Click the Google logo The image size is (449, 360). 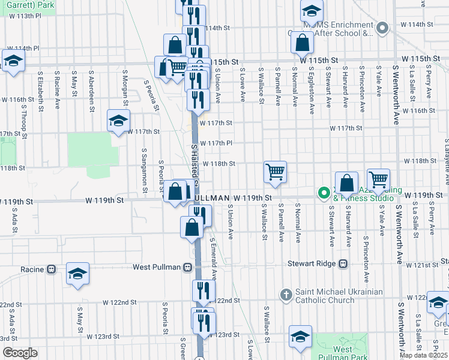tap(20, 353)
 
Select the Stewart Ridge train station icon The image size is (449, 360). tap(343, 263)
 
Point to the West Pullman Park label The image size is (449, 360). tap(342, 352)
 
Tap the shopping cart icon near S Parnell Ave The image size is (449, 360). tap(275, 172)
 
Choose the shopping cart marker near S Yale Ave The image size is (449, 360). tap(378, 179)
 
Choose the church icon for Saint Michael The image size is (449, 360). tap(286, 295)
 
